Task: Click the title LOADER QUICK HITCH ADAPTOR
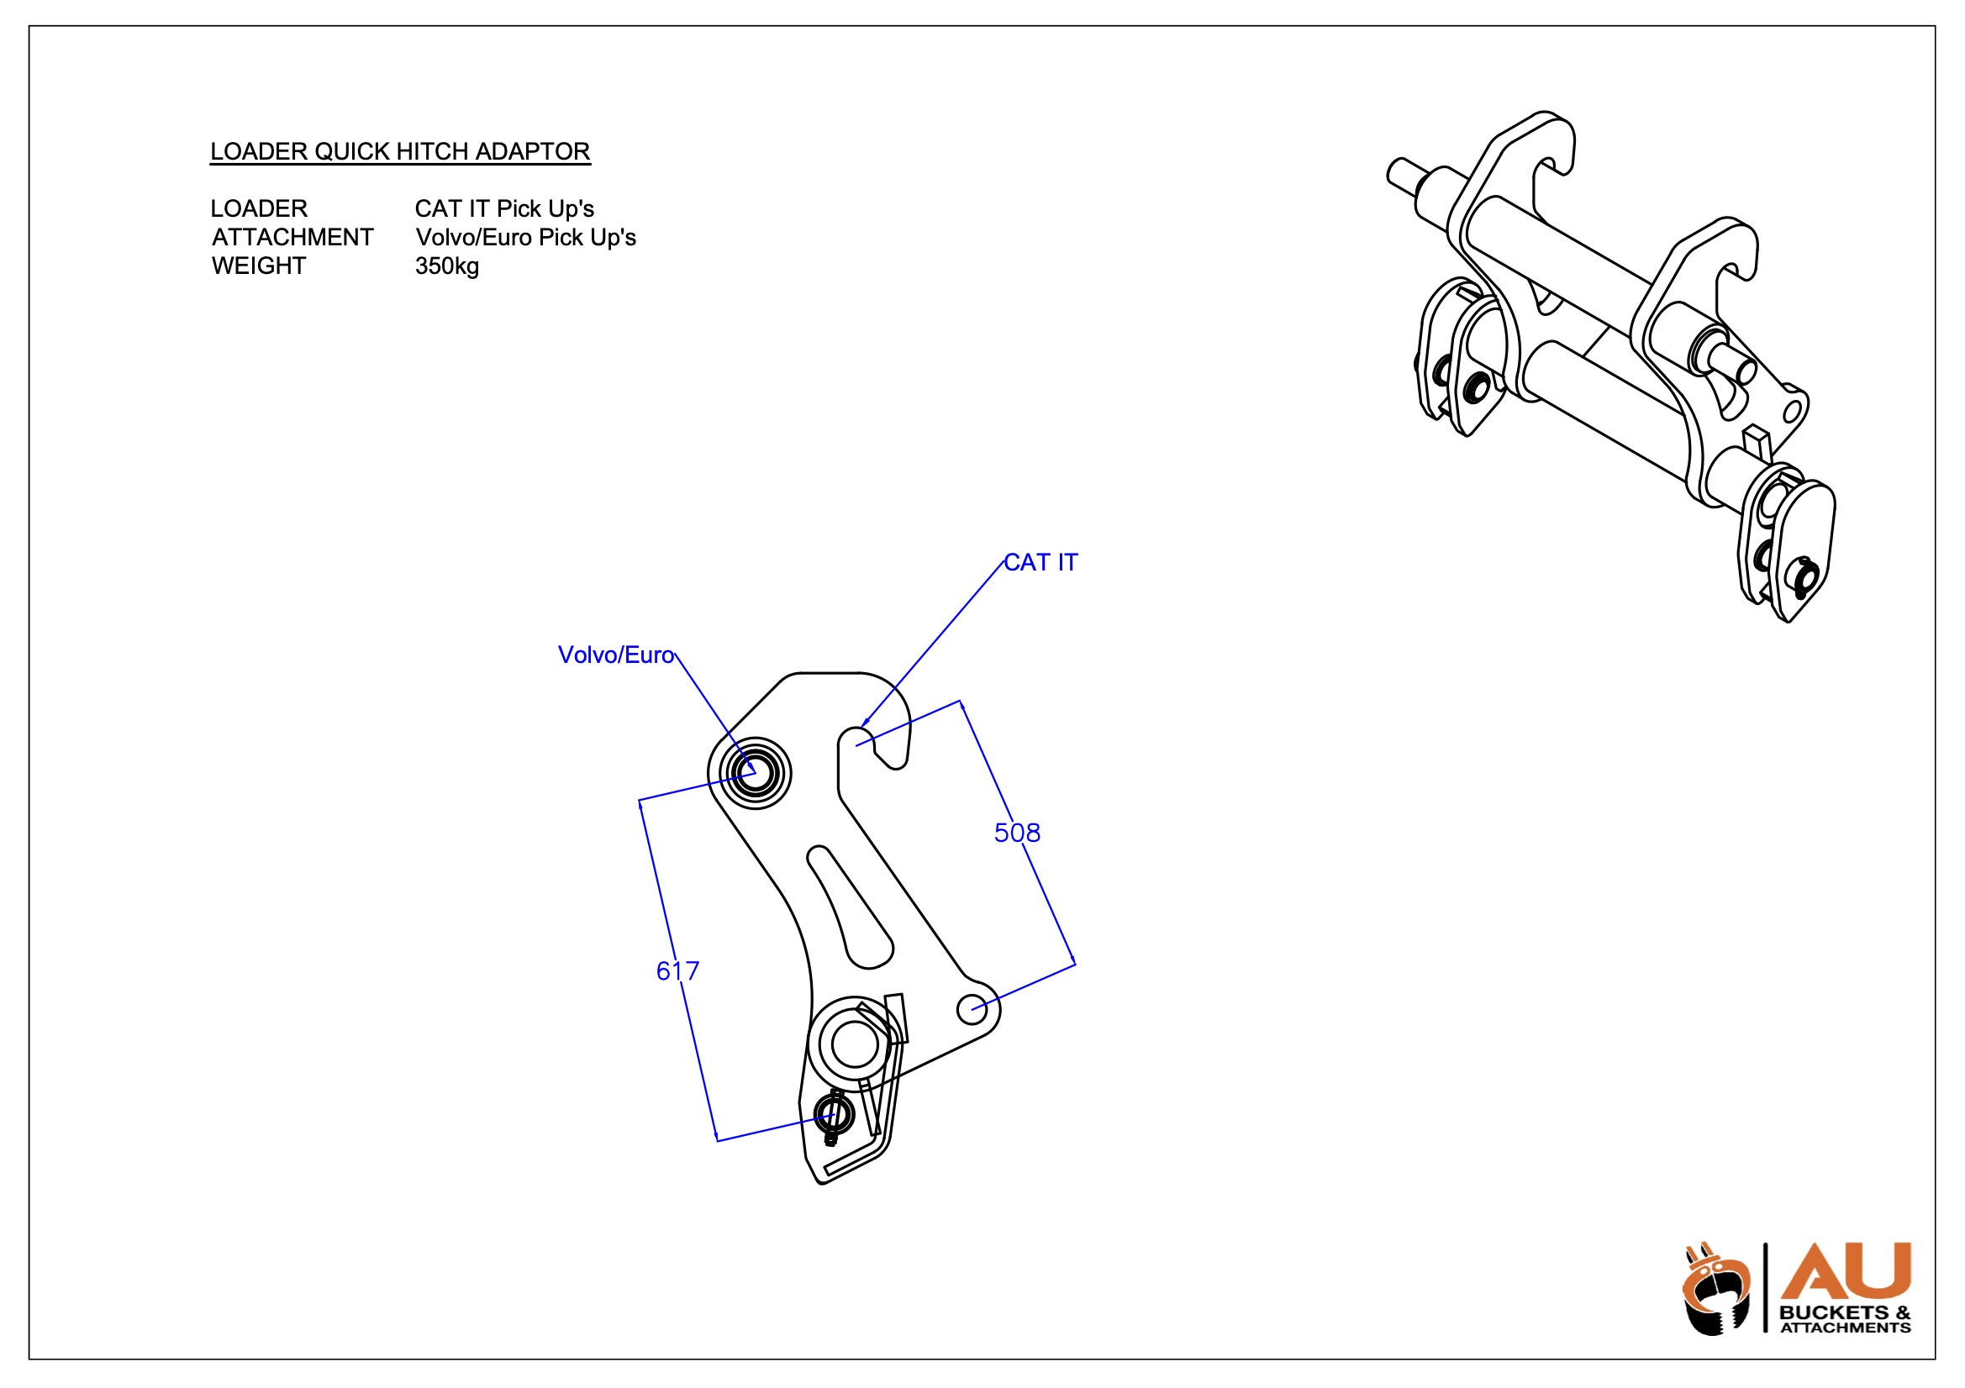pos(400,151)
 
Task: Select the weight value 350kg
pos(447,266)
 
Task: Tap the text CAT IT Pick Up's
pos(504,209)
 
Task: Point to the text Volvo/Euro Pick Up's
pos(525,238)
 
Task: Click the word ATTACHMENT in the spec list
pos(292,238)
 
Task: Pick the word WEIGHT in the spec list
pos(259,266)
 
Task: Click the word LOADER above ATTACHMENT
pos(259,209)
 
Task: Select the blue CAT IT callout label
pos(1040,562)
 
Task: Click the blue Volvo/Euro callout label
pos(615,655)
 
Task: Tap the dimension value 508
pos(1017,833)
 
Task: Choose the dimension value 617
pos(677,970)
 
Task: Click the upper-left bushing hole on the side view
pos(755,773)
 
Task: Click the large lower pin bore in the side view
pos(854,1044)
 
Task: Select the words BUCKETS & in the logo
pos(1844,1312)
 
